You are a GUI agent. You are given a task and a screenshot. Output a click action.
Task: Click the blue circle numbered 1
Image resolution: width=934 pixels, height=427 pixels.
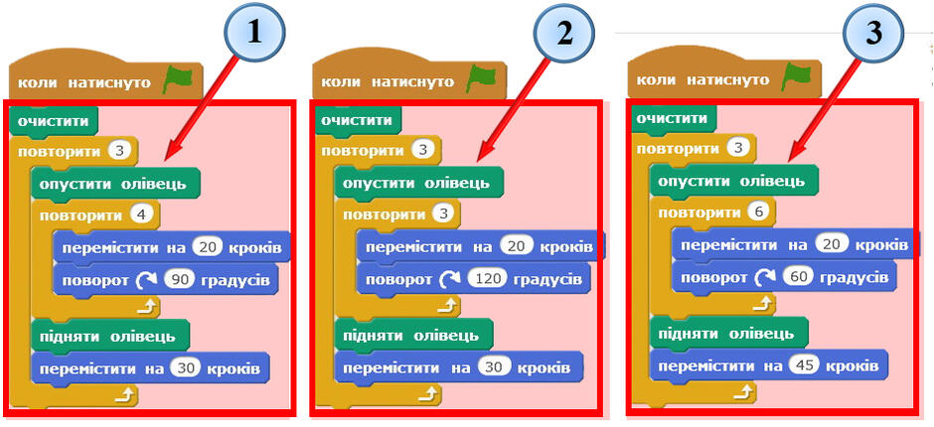(255, 33)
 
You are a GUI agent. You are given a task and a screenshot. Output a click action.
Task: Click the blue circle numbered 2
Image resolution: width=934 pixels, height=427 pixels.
(563, 33)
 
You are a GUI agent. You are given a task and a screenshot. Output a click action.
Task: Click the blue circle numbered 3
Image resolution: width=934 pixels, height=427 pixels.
(873, 33)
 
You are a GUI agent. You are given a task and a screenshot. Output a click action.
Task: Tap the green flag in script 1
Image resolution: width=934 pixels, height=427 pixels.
(178, 79)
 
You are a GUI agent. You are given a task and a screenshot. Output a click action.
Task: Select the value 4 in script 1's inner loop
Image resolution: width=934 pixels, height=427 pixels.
(142, 214)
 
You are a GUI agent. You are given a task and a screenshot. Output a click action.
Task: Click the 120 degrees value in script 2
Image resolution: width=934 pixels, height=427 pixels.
(486, 279)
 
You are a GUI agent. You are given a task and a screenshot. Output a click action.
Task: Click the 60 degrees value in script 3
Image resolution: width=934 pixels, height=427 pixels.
(797, 277)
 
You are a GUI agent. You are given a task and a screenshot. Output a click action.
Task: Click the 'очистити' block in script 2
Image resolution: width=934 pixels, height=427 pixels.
(357, 121)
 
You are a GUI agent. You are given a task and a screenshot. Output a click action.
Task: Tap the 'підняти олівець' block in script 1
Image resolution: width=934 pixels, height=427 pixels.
(109, 336)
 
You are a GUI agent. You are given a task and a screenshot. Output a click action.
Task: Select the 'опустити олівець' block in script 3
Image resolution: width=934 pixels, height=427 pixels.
(734, 181)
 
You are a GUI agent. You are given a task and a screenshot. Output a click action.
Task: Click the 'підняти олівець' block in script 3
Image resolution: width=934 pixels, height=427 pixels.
(729, 334)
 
